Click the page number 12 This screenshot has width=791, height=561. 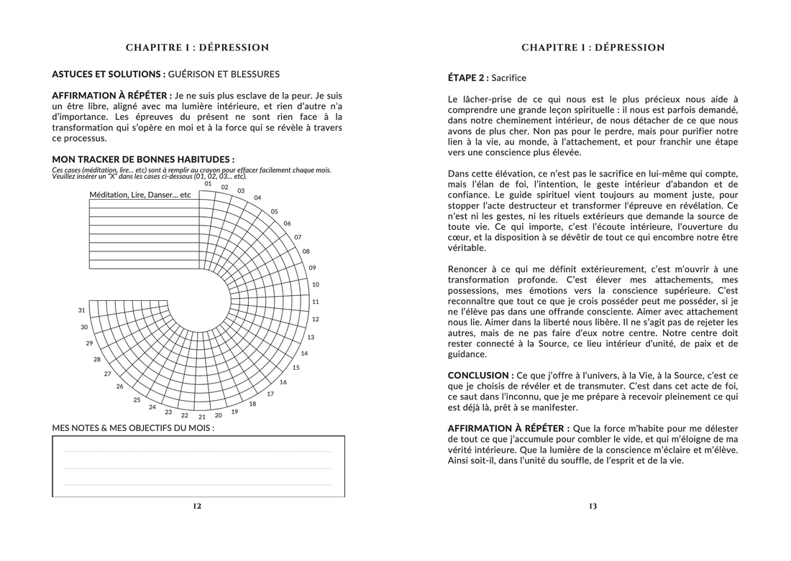[197, 506]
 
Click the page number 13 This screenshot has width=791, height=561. [593, 506]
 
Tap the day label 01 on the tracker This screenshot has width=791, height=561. [208, 184]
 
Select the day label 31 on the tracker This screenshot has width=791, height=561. [83, 310]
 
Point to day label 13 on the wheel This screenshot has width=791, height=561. [311, 337]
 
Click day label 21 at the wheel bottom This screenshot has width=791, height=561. [202, 417]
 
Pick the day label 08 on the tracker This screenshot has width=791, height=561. [306, 251]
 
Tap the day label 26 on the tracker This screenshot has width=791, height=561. [120, 386]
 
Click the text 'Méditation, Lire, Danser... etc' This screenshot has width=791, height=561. [140, 195]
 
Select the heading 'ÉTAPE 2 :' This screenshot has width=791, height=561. [468, 78]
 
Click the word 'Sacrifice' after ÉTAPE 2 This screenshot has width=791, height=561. [509, 78]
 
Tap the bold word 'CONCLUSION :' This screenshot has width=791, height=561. [480, 376]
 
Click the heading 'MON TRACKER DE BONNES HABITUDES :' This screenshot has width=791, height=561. [143, 159]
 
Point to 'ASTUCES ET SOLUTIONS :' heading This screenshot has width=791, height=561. [108, 74]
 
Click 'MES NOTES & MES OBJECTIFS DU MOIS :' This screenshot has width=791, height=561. [133, 428]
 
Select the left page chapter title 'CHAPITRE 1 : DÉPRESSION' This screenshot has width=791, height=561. [197, 48]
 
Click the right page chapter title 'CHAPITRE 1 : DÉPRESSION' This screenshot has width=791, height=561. [593, 48]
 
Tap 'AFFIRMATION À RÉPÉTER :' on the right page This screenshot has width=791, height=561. [503, 428]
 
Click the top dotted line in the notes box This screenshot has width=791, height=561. [198, 452]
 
